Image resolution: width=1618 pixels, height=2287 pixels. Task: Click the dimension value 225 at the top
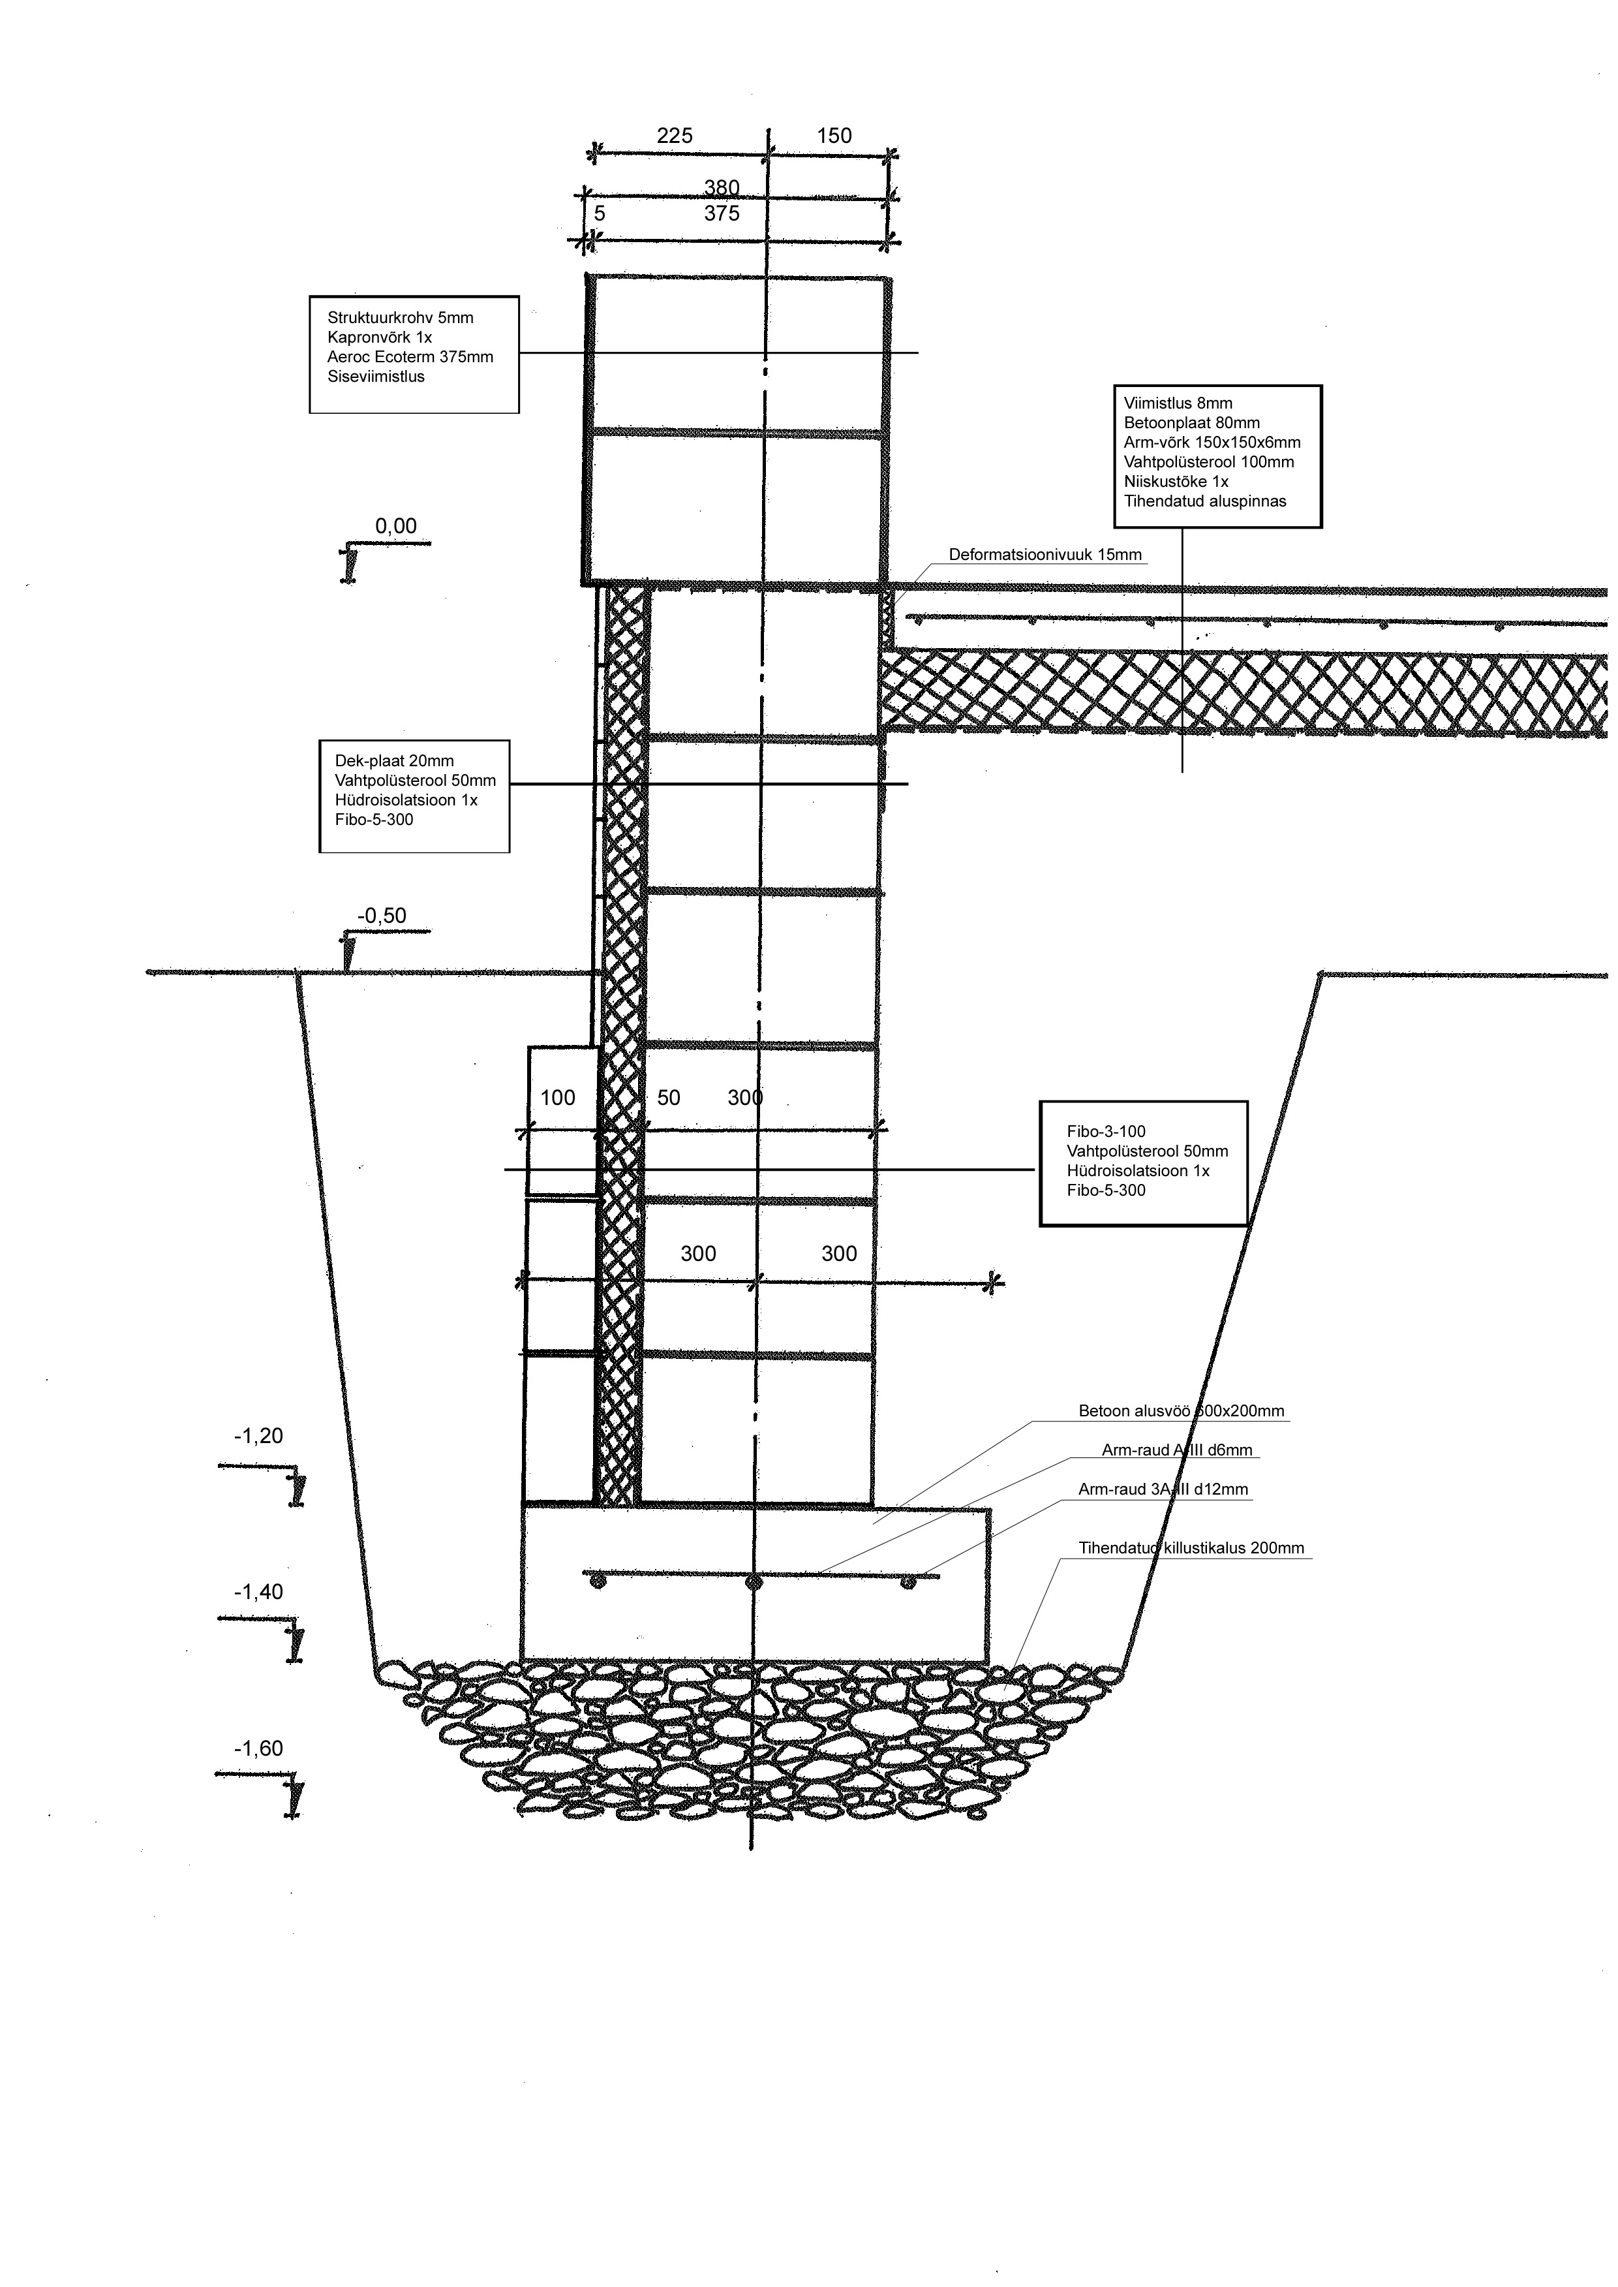[675, 136]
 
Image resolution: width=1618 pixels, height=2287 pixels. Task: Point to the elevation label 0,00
[395, 526]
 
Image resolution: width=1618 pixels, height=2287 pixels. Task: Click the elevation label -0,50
[382, 916]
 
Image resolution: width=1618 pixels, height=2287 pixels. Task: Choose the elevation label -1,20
[258, 1436]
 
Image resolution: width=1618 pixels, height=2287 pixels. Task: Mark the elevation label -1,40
[258, 1591]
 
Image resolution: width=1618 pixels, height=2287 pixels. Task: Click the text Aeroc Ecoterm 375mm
[410, 357]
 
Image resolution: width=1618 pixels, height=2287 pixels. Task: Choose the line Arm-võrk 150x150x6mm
[1212, 443]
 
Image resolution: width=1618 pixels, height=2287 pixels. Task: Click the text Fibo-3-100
[1106, 1132]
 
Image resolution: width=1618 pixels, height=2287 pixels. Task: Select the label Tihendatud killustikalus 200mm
[1191, 1549]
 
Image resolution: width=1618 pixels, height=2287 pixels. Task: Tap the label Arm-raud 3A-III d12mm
[1163, 1490]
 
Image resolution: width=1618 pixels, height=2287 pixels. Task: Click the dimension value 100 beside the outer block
[557, 1098]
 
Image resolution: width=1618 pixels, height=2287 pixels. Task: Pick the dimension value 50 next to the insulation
[669, 1098]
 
